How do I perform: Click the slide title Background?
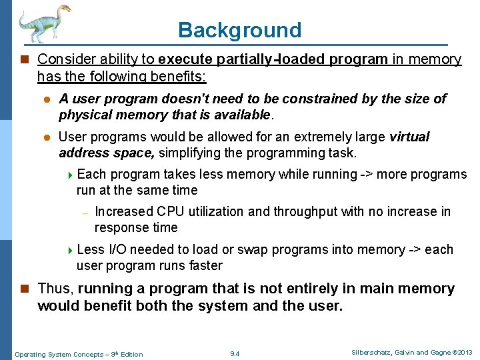pyautogui.click(x=239, y=30)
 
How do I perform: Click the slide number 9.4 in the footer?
pyautogui.click(x=234, y=353)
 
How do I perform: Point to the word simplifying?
pyautogui.click(x=189, y=153)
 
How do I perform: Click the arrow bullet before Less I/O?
pyautogui.click(x=71, y=250)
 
